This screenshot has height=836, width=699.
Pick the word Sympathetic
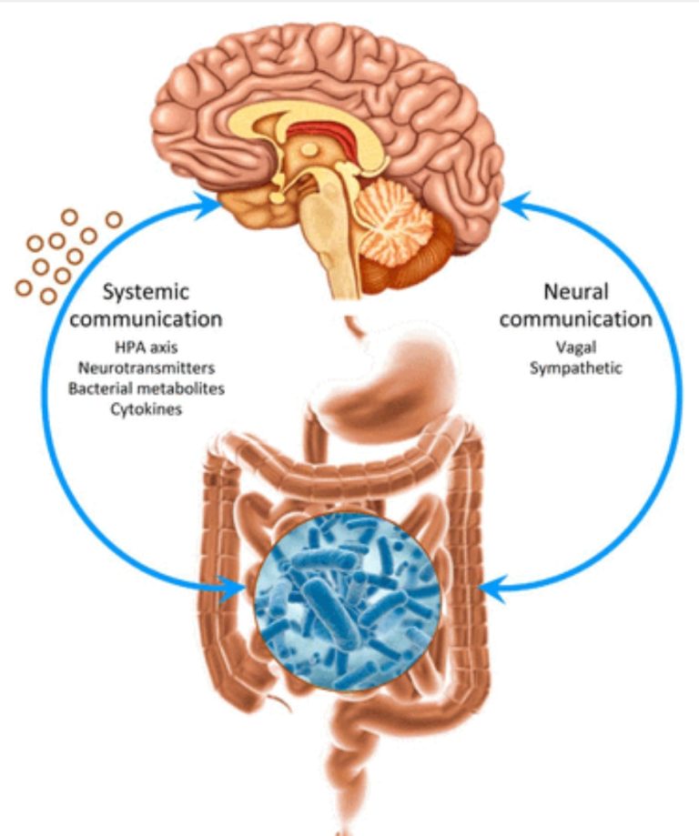point(575,368)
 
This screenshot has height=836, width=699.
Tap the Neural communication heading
point(575,306)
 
